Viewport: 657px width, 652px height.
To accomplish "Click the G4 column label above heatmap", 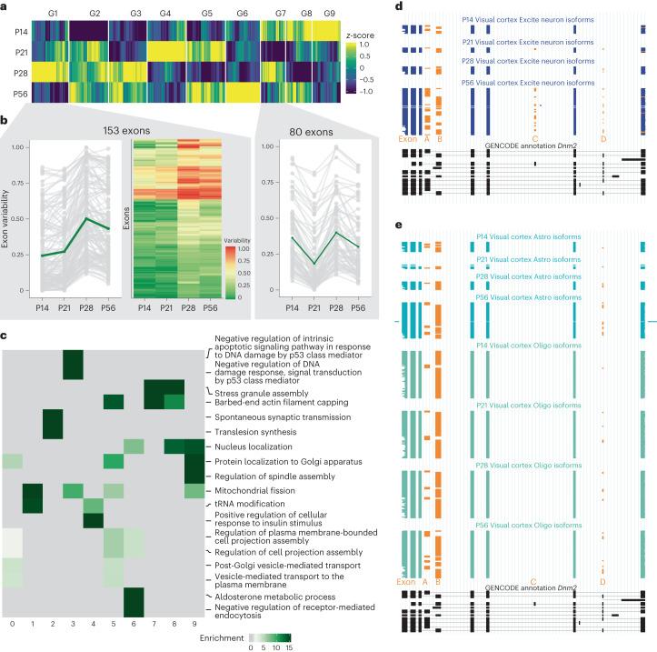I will click(164, 15).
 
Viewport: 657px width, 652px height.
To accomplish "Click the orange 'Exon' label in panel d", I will click(408, 138).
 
